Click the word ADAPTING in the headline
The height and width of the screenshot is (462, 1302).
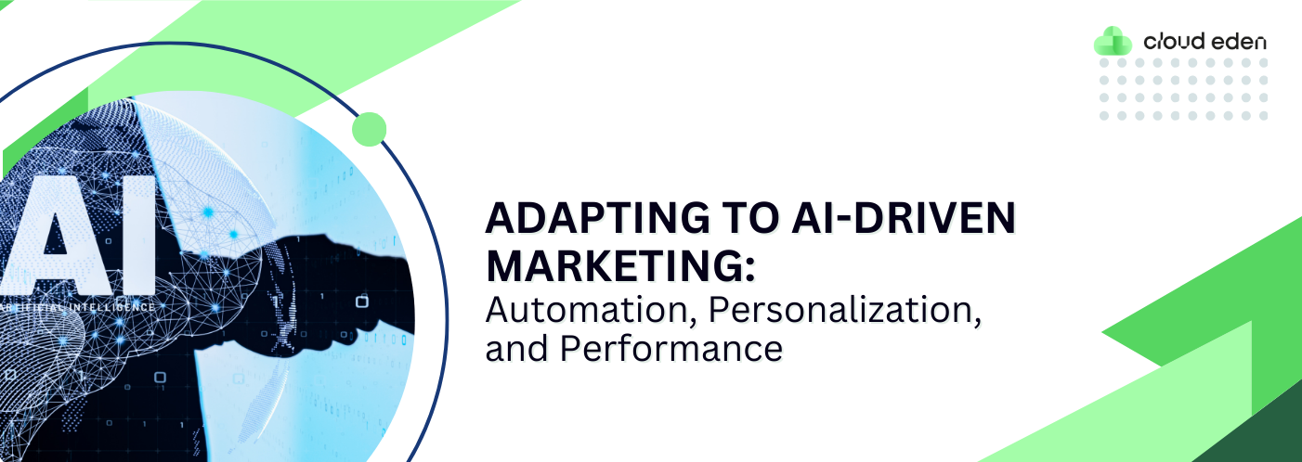(x=598, y=218)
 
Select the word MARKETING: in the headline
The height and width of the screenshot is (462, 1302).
(x=620, y=266)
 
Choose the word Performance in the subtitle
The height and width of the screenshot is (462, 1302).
(x=671, y=349)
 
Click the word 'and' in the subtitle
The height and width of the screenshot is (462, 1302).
(x=516, y=349)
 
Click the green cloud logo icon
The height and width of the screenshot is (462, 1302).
(x=1113, y=41)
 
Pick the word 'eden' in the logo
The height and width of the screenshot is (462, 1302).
(x=1239, y=41)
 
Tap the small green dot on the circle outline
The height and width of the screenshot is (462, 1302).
(x=369, y=129)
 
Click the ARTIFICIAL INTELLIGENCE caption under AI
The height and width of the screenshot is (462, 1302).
(x=77, y=307)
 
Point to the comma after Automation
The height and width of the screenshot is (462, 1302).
(x=693, y=320)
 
